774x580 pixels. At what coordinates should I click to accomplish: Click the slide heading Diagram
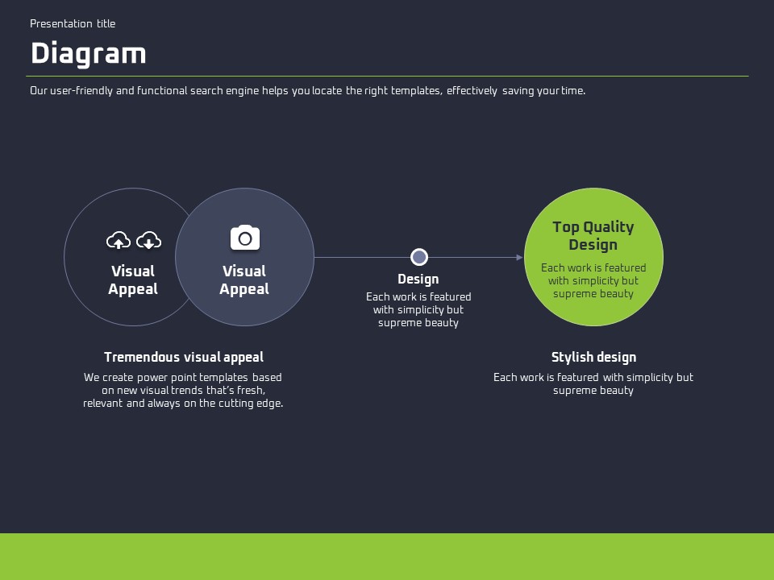pyautogui.click(x=89, y=54)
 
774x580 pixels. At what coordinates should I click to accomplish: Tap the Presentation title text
pyautogui.click(x=73, y=23)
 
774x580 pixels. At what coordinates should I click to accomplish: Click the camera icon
pyautogui.click(x=245, y=238)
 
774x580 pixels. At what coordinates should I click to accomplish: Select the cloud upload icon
pyautogui.click(x=119, y=240)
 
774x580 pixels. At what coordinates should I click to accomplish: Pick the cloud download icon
pyautogui.click(x=148, y=240)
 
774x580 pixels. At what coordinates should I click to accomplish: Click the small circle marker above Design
pyautogui.click(x=419, y=257)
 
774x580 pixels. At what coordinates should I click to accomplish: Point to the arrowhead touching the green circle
pyautogui.click(x=520, y=257)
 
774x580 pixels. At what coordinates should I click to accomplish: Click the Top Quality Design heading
pyautogui.click(x=593, y=236)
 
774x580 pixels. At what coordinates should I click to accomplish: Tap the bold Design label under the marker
pyautogui.click(x=418, y=280)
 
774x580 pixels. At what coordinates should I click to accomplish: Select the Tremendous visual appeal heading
pyautogui.click(x=184, y=357)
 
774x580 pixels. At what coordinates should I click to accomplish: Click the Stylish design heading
pyautogui.click(x=594, y=357)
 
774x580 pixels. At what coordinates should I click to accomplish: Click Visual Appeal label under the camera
pyautogui.click(x=244, y=280)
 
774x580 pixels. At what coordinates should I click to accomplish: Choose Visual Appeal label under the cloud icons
pyautogui.click(x=133, y=280)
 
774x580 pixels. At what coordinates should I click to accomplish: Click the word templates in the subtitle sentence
pyautogui.click(x=416, y=91)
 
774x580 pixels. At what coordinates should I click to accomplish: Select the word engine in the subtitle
pyautogui.click(x=242, y=91)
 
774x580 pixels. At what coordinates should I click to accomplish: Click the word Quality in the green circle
pyautogui.click(x=609, y=227)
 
